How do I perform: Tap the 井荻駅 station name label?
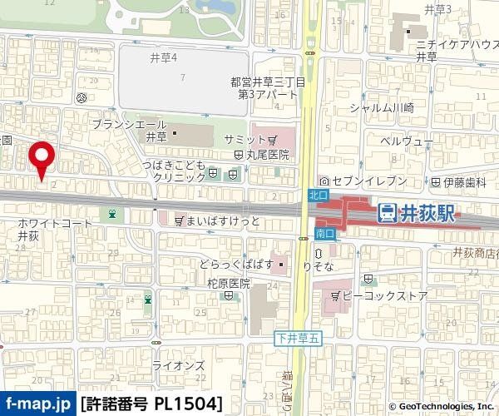(427, 214)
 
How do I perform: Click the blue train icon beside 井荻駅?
(387, 214)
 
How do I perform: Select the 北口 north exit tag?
(317, 193)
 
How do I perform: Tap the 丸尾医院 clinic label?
(267, 155)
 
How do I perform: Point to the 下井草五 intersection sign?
(294, 339)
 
